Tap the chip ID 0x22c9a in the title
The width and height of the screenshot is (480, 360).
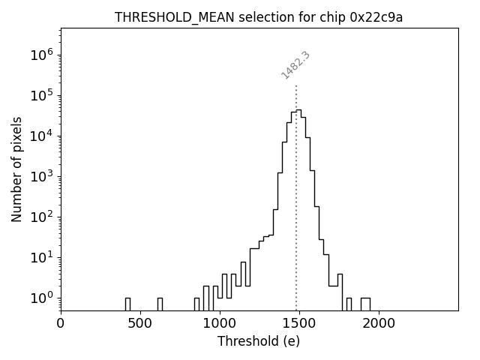tap(376, 17)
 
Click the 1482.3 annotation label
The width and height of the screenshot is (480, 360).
tap(295, 65)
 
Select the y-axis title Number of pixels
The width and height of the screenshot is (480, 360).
tap(16, 169)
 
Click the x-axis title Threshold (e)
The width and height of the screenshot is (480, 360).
tap(259, 341)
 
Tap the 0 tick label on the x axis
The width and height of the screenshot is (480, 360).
tap(61, 323)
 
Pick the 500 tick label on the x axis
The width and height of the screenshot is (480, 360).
tap(140, 323)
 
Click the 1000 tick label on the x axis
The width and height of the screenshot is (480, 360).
tap(219, 323)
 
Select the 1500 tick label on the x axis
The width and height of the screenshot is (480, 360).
tap(298, 323)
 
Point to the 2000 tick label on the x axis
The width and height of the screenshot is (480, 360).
tap(378, 323)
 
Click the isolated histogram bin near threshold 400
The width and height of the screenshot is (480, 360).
tap(127, 304)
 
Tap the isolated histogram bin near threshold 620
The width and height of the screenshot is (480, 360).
tap(160, 304)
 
